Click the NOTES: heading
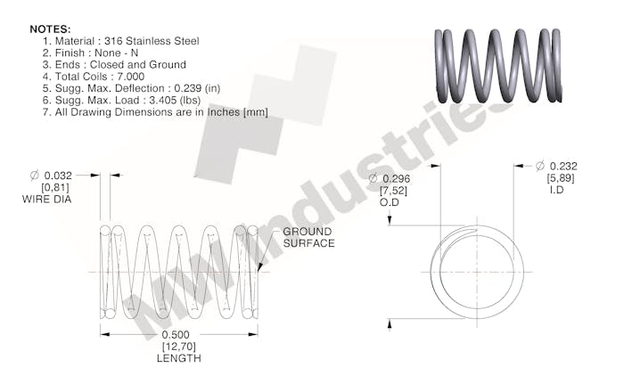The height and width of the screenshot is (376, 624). click(x=50, y=29)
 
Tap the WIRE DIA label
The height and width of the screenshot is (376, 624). click(x=47, y=200)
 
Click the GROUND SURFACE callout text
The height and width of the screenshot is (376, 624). click(x=308, y=237)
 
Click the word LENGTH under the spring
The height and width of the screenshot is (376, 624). click(x=179, y=358)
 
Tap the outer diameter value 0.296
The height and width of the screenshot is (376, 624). click(x=399, y=179)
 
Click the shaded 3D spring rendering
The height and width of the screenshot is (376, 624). click(x=499, y=65)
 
